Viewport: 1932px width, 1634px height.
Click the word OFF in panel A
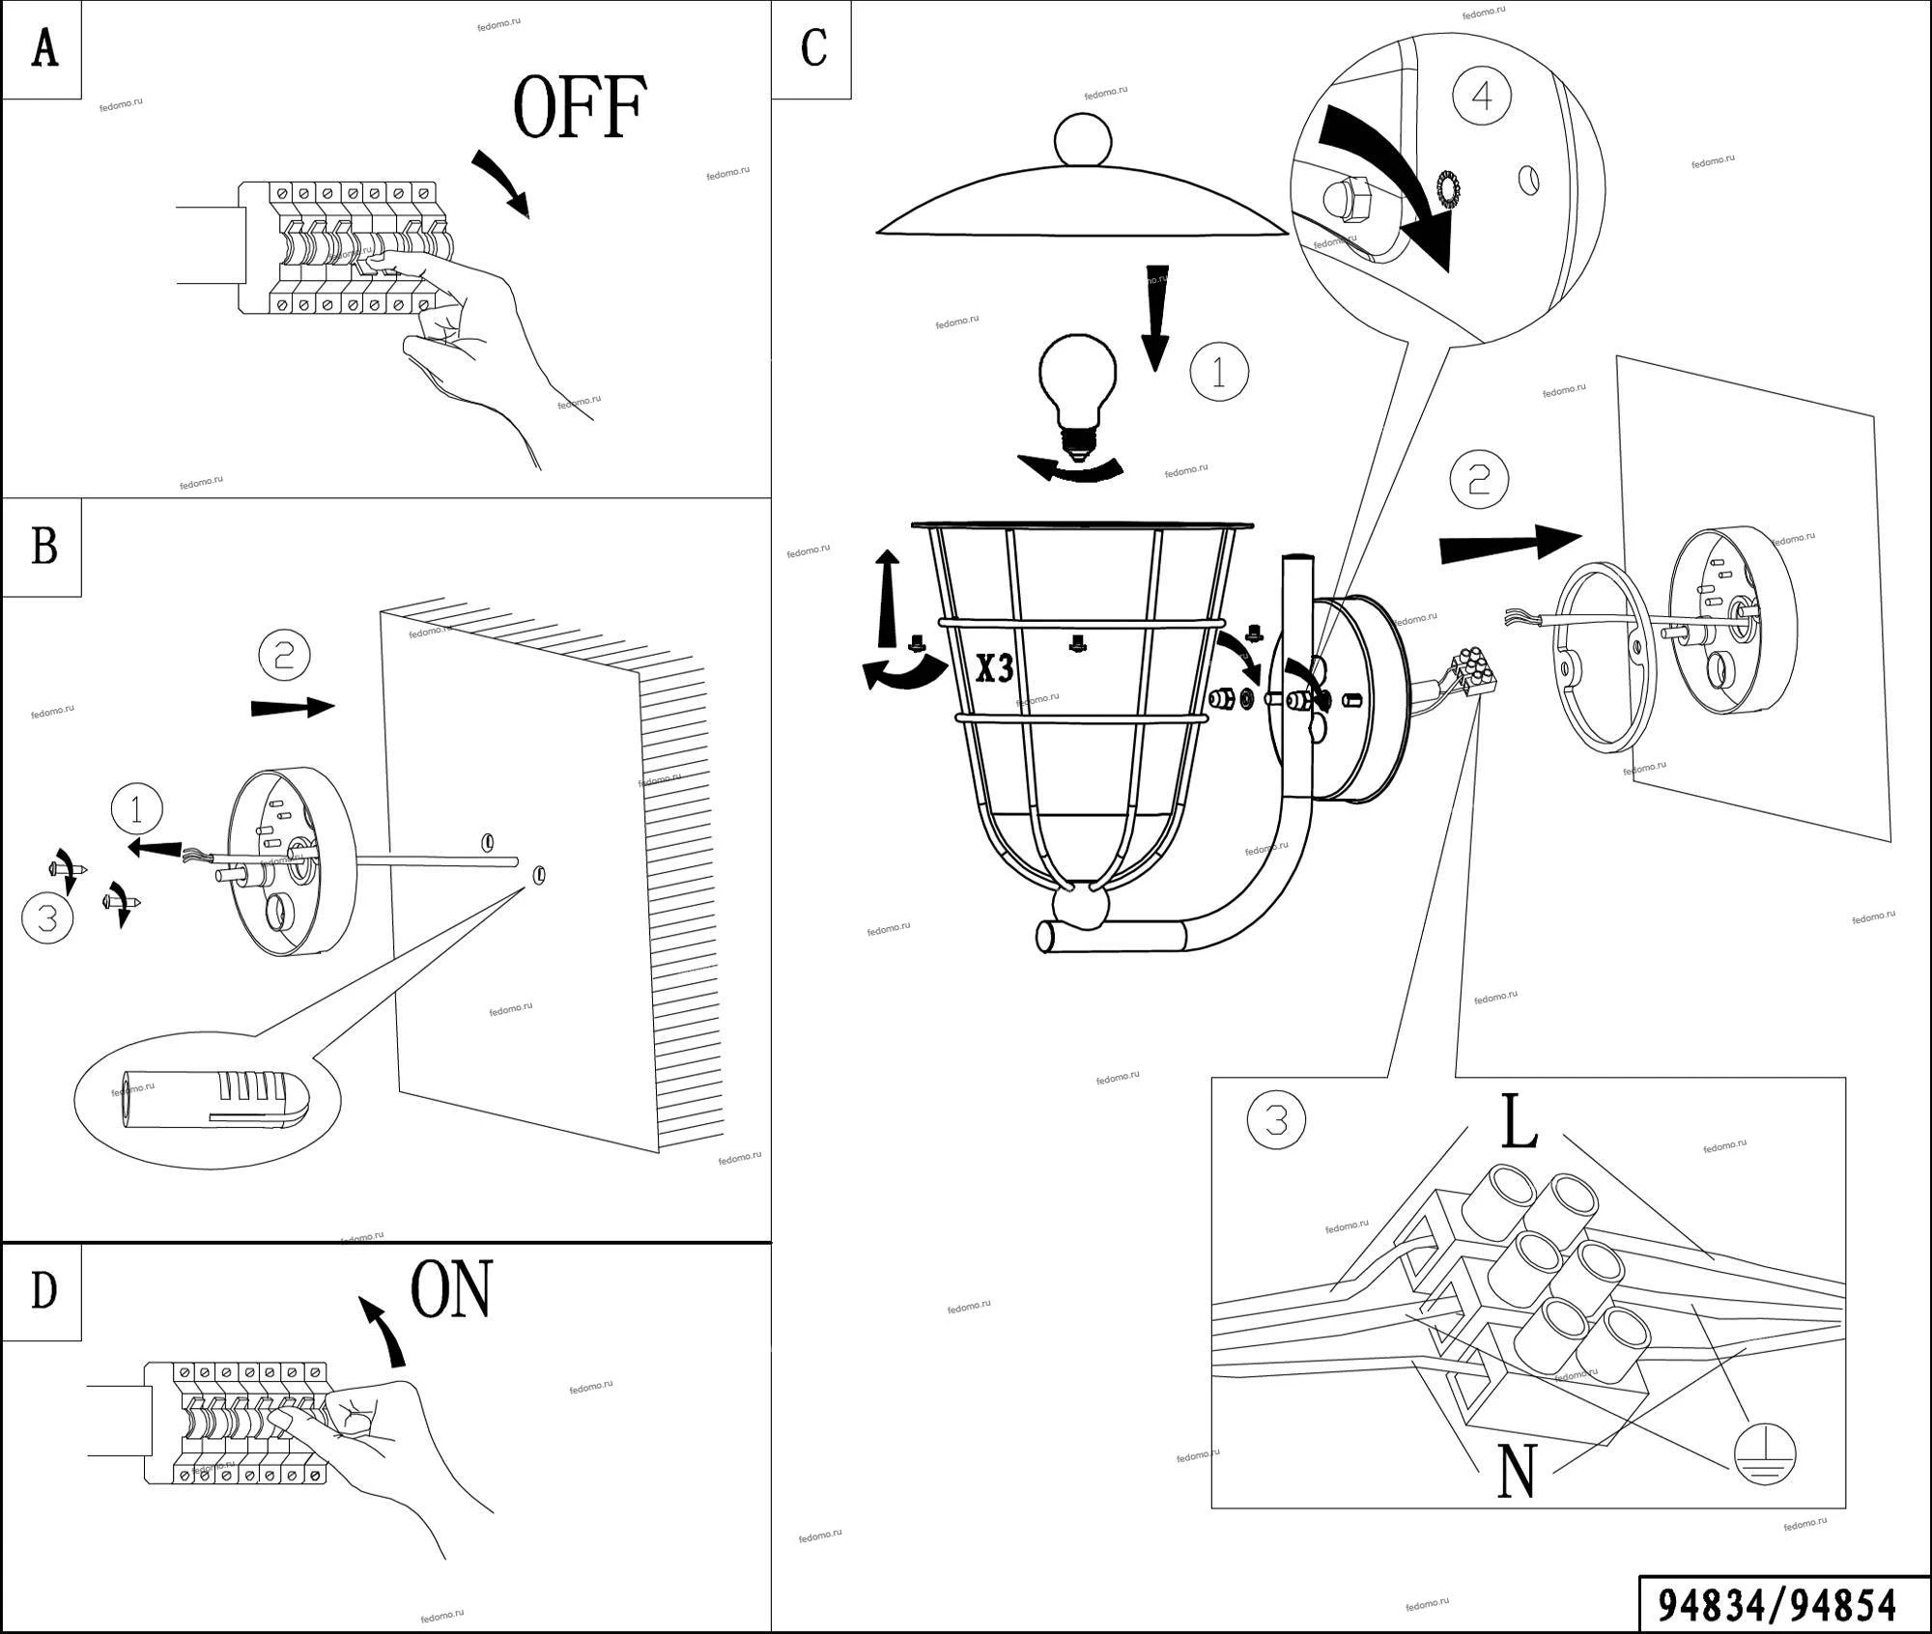(579, 108)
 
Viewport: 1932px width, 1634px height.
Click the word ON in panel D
(451, 1289)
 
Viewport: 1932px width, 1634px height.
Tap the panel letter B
(43, 547)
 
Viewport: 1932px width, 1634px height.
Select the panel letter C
(813, 47)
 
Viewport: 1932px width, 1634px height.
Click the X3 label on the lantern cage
(994, 667)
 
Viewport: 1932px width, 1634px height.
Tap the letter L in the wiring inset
(1519, 1122)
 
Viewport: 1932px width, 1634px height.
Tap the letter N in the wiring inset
(1516, 1471)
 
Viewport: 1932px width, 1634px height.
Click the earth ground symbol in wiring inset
(1763, 1454)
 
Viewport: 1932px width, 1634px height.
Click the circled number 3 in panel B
(47, 916)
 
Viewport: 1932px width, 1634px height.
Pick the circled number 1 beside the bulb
(1218, 372)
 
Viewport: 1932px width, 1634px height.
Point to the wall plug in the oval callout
(213, 1099)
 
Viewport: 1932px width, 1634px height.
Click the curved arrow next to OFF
(503, 183)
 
